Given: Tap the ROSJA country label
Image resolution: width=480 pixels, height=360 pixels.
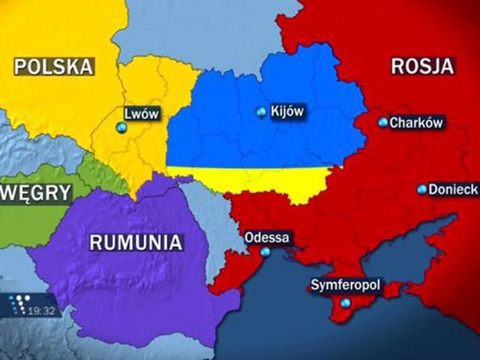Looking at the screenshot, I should (x=422, y=65).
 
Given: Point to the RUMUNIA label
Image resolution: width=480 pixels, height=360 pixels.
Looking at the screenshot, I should (x=136, y=242).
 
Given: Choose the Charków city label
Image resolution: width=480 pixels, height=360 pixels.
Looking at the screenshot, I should (x=417, y=122).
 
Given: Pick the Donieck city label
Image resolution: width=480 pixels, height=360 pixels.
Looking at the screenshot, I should (x=453, y=190).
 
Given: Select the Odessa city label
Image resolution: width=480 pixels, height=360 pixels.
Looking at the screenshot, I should (x=267, y=238).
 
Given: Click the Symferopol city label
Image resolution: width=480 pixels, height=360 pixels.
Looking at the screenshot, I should (x=346, y=286).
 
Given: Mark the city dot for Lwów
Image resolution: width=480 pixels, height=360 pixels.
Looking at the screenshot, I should (x=120, y=128).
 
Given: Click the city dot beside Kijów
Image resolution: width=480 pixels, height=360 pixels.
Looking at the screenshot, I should (x=261, y=112).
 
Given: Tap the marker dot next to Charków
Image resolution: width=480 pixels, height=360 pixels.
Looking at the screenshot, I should (x=383, y=122).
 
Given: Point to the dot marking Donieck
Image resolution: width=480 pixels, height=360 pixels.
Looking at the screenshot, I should (x=421, y=190).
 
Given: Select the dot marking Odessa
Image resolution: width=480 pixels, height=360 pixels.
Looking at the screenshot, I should (x=265, y=253).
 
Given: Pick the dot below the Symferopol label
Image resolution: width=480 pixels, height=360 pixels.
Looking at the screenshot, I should (x=345, y=303).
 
